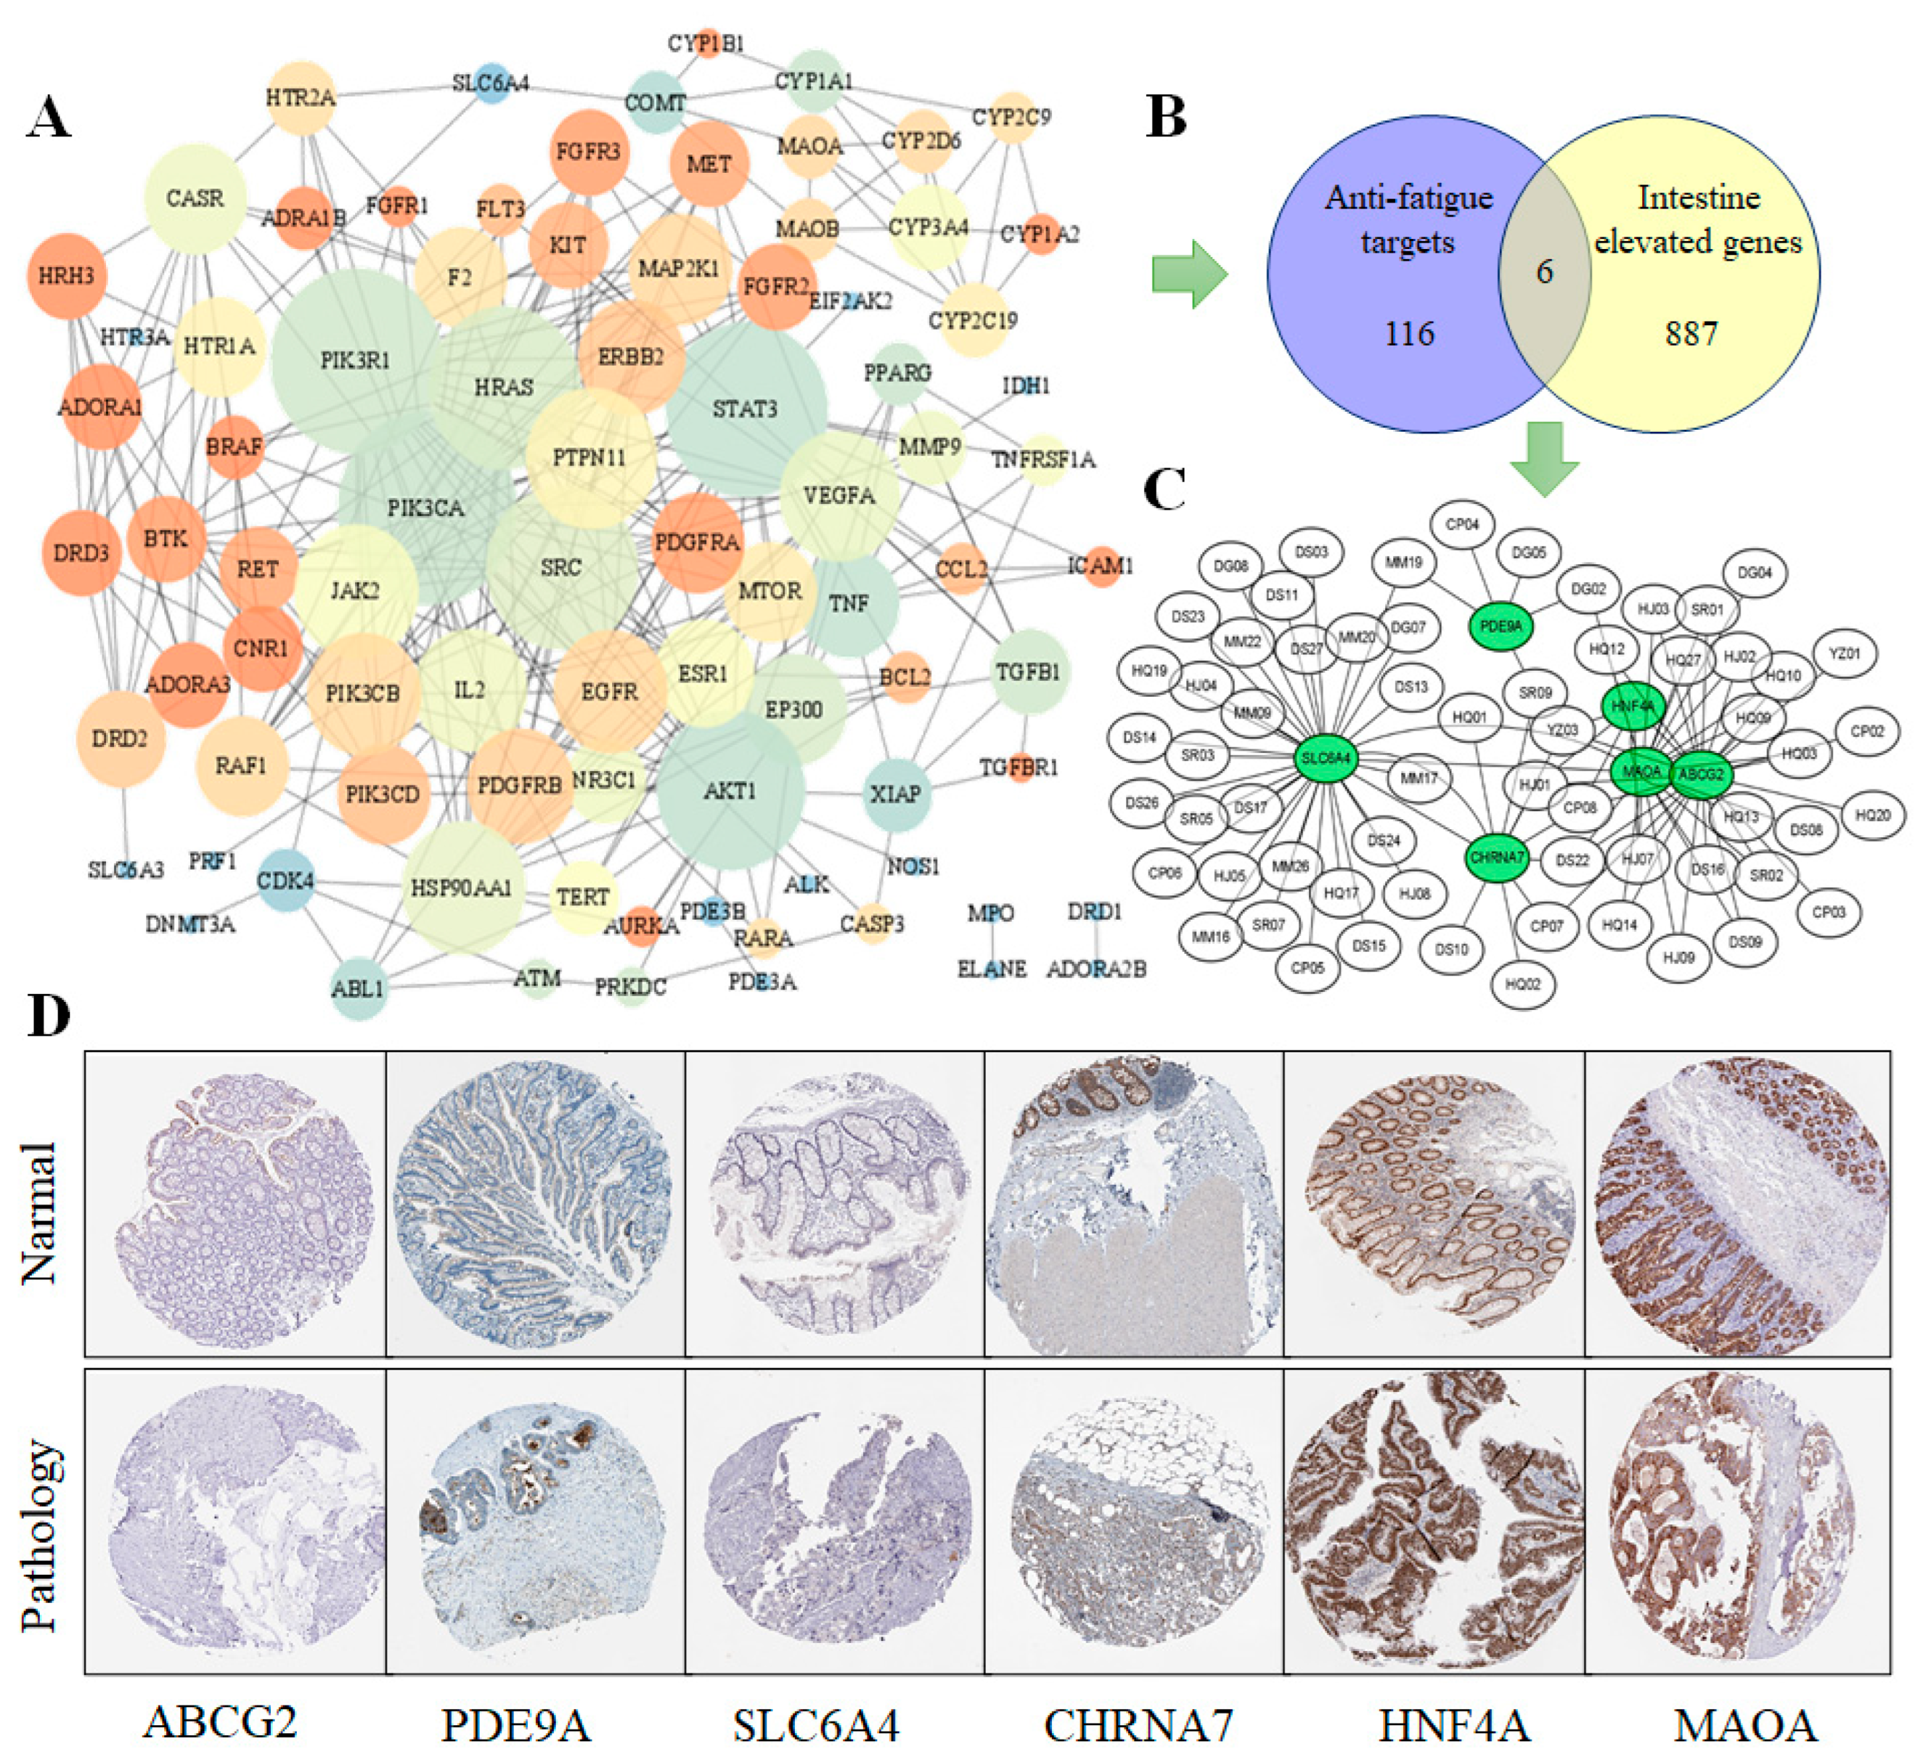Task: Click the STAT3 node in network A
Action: pos(745,409)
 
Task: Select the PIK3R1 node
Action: pos(354,360)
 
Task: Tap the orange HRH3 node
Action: pos(66,276)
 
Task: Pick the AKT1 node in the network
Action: pos(729,791)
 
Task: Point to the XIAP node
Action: pos(896,793)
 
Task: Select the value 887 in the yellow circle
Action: pos(1690,334)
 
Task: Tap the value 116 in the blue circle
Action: pos(1409,334)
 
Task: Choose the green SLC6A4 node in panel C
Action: pos(1325,758)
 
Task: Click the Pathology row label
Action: pos(40,1536)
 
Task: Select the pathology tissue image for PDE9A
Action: pos(535,1521)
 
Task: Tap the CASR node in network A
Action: pos(195,199)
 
